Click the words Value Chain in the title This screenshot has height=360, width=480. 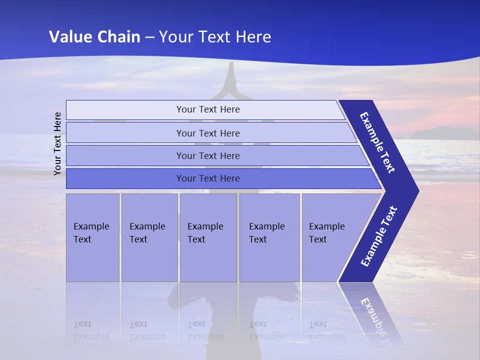[x=94, y=36]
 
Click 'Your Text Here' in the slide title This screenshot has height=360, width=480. [x=215, y=36]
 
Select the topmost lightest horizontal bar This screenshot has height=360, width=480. [x=207, y=109]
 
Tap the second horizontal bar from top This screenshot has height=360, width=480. [x=207, y=133]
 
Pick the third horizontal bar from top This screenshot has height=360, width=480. [x=207, y=155]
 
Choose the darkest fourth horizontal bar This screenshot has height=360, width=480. [x=207, y=178]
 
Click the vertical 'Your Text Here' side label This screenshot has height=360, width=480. [x=57, y=143]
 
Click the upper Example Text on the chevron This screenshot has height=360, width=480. [x=377, y=142]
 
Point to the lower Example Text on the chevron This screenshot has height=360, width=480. [x=378, y=236]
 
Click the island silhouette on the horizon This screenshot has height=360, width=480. [x=442, y=133]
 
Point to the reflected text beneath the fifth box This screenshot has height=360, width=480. [x=326, y=330]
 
